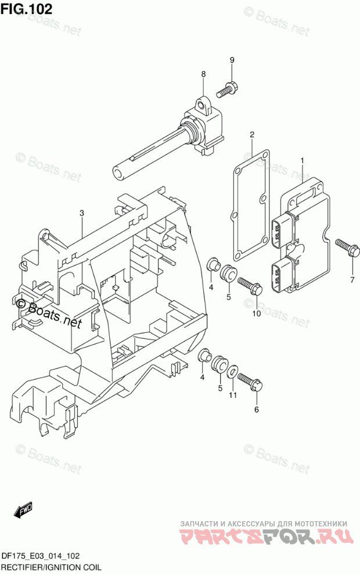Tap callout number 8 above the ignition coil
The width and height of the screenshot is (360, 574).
pyautogui.click(x=203, y=74)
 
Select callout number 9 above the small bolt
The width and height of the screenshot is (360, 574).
pyautogui.click(x=231, y=60)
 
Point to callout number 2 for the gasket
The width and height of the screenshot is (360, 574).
pyautogui.click(x=252, y=135)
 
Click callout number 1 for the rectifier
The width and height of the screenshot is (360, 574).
pyautogui.click(x=302, y=160)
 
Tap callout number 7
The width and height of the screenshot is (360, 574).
pyautogui.click(x=352, y=280)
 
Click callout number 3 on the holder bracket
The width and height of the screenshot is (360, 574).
pyautogui.click(x=82, y=213)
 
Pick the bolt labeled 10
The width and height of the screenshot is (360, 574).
pyautogui.click(x=249, y=285)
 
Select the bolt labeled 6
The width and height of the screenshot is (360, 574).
pyautogui.click(x=250, y=381)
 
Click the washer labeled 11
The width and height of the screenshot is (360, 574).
pyautogui.click(x=232, y=372)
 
